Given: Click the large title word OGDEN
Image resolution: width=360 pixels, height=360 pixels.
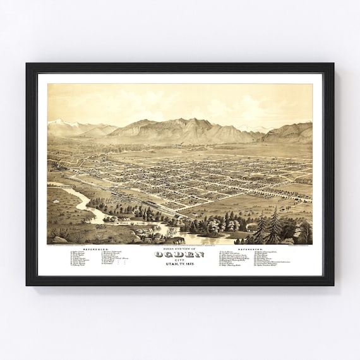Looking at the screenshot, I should [x=180, y=255].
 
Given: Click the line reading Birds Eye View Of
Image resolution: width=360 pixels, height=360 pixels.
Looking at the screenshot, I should [x=180, y=249].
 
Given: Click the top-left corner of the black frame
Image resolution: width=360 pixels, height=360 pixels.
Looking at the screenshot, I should [x=28, y=64].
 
